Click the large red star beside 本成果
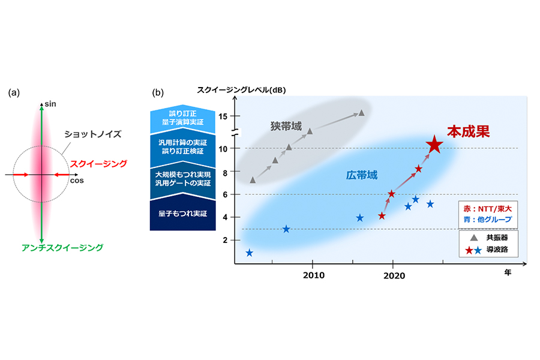click(x=434, y=145)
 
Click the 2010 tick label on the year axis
click(x=313, y=275)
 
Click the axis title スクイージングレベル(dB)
click(x=242, y=91)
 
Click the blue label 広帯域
click(x=362, y=176)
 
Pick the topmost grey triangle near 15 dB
click(x=361, y=113)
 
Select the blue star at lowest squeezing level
click(x=249, y=253)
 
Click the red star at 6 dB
click(x=391, y=194)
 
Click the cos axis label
click(x=77, y=179)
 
